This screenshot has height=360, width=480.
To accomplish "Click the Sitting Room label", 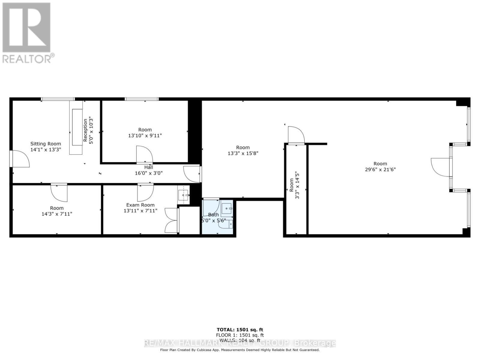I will (46, 144).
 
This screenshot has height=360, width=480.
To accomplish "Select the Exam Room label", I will (140, 205).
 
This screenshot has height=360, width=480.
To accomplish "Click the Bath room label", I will (213, 214).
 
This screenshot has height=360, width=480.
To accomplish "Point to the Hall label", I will (148, 167).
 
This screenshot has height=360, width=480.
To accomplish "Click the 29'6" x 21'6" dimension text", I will (380, 169).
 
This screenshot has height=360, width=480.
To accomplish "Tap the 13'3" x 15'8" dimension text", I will (243, 153).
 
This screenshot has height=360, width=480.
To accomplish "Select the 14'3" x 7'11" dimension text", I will (57, 214).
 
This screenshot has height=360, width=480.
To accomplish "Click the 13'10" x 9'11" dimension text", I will (145, 135).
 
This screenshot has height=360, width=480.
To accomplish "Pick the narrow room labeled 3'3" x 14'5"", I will (296, 189).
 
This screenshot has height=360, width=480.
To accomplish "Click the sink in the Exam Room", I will (183, 195).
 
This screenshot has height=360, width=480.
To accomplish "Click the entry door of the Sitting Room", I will (19, 159).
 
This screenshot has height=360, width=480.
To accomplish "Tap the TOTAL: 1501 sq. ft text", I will (240, 330).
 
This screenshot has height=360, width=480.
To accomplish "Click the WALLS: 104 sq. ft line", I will (240, 340).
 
